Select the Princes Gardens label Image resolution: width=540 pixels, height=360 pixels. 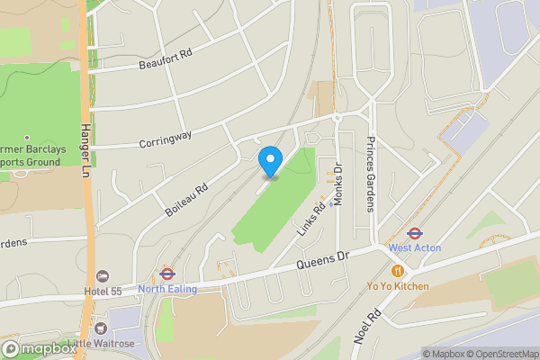[x=369, y=174]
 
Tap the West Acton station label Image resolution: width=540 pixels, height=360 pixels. [x=413, y=247]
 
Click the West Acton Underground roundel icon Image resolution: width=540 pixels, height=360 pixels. [x=415, y=232]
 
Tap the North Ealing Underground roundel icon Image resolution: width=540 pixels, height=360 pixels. [x=166, y=273]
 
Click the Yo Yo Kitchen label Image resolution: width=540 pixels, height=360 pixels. [x=397, y=286]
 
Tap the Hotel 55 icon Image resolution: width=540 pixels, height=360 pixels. [x=103, y=275]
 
